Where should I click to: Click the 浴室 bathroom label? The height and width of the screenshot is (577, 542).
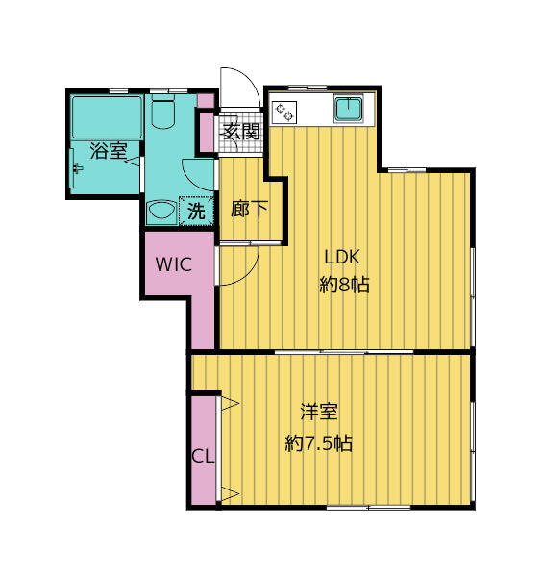109,151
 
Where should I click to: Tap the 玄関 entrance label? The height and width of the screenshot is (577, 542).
241,132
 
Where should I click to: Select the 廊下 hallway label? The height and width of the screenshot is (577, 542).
249,209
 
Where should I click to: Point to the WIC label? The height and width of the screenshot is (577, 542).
174,264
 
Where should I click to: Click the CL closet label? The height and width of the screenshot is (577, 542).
203,456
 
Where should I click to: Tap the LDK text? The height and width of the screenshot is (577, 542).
341,257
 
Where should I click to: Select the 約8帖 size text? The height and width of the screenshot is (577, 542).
344,284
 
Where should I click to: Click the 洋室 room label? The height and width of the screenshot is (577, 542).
319,412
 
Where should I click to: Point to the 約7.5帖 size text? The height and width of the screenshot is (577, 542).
319,443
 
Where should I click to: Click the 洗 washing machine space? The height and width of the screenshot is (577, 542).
196,212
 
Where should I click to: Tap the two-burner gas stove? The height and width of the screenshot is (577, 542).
284,112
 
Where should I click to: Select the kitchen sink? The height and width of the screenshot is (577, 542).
349,109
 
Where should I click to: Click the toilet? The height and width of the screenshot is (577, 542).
162,112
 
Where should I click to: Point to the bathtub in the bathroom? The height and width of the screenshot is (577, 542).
107,117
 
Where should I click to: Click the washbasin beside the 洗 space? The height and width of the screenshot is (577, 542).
161,212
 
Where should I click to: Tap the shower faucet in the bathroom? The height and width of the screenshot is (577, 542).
77,168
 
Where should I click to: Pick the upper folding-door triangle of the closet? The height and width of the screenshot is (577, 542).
231,403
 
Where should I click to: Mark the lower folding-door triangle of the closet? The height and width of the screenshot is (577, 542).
231,493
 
